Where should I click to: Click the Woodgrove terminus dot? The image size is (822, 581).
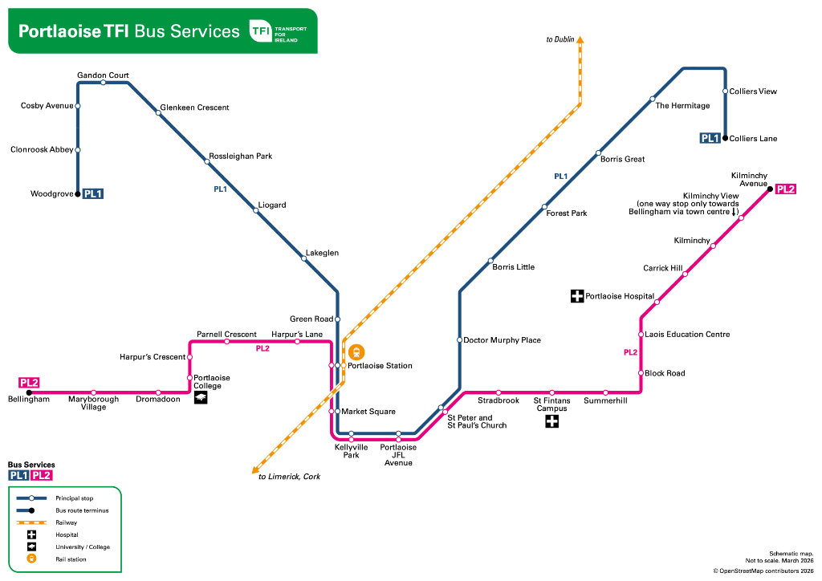[x=78, y=193]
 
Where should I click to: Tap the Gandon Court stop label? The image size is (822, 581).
[x=103, y=75]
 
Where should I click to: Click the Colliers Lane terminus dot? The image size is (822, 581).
[x=725, y=138]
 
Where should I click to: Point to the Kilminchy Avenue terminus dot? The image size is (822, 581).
[x=769, y=189]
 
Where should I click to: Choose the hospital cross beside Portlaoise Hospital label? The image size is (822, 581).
[x=576, y=296]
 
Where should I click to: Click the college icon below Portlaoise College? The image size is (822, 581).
[x=200, y=396]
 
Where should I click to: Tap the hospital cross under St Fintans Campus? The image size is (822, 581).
[x=551, y=421]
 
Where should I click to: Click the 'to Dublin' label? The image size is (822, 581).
[x=560, y=39]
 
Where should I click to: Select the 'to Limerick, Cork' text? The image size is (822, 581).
[x=289, y=476]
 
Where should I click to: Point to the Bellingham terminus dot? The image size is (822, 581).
[x=29, y=392]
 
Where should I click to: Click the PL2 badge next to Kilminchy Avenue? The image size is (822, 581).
[x=786, y=189]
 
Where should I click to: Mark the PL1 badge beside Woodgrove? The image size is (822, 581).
[x=94, y=193]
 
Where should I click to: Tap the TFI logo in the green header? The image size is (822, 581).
[x=260, y=31]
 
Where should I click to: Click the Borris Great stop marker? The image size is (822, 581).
[x=598, y=152]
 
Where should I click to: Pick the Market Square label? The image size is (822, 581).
[x=368, y=412]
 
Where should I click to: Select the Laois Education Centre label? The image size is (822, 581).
[x=686, y=334]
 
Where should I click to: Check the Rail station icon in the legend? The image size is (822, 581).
[x=31, y=559]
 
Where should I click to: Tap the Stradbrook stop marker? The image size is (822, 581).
[x=498, y=392]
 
